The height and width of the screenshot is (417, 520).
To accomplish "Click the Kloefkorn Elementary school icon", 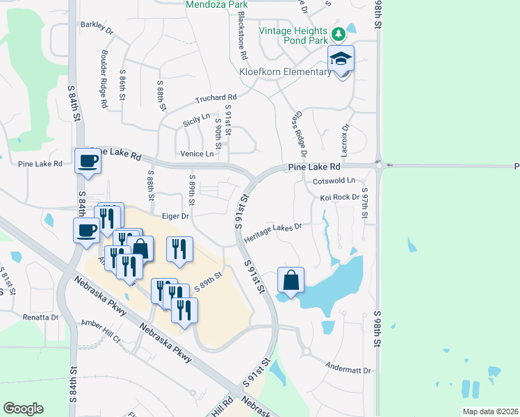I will click(x=341, y=58).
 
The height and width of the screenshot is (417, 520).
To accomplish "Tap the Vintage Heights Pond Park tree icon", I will click(x=338, y=34).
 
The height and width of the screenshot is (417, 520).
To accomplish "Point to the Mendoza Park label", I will click(x=216, y=5).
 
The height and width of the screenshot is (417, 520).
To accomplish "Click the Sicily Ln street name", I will click(x=196, y=119).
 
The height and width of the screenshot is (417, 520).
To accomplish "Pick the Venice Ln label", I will click(x=197, y=154).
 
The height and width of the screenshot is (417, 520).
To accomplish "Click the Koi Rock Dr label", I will click(x=339, y=197).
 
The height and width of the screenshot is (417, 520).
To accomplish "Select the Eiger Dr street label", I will click(x=176, y=216).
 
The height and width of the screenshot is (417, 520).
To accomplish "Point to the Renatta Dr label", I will click(x=40, y=317).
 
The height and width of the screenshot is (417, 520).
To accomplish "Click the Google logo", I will click(x=23, y=409).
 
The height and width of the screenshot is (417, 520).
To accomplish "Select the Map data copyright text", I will click(x=489, y=411).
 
